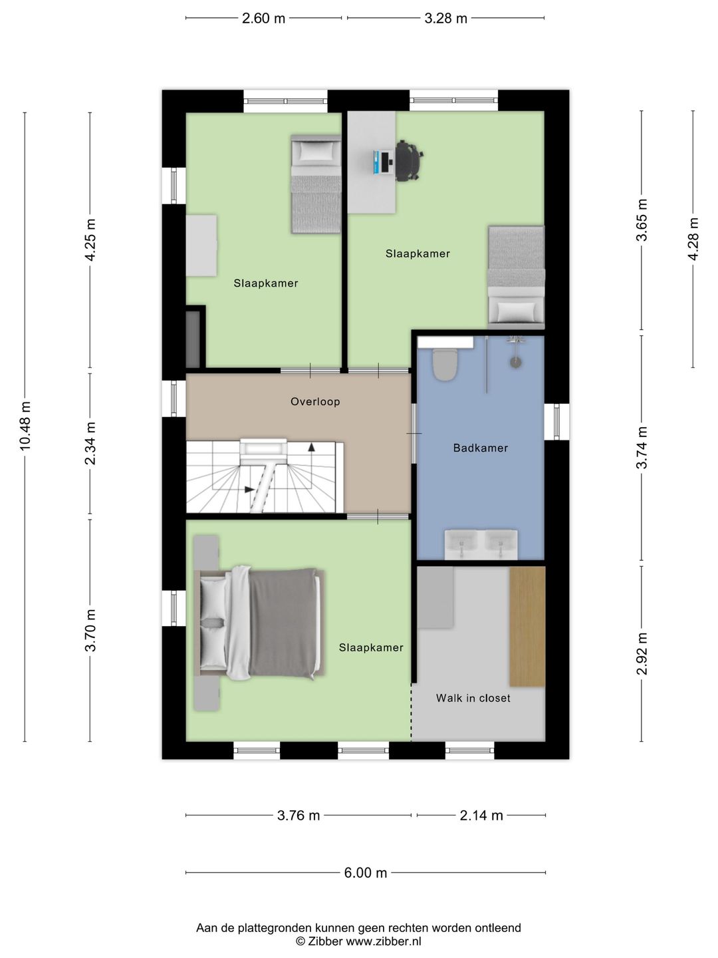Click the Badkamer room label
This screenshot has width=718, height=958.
(x=481, y=448)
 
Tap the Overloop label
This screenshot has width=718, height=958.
(x=315, y=402)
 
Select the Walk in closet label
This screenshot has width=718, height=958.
(x=473, y=699)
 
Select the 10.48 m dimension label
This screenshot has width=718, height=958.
(x=25, y=426)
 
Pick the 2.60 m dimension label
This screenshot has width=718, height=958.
(x=263, y=19)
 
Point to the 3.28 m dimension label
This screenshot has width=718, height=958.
(x=445, y=19)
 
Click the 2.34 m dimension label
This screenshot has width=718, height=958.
(x=90, y=442)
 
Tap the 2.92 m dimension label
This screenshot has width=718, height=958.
(x=642, y=653)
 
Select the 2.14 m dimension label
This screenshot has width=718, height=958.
(x=481, y=815)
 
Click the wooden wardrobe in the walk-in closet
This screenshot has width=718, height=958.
(x=527, y=626)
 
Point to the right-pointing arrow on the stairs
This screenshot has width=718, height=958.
(x=249, y=489)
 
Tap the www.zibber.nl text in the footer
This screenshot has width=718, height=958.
(x=383, y=939)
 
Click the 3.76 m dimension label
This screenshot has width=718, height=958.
(x=299, y=815)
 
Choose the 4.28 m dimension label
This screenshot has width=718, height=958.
(x=693, y=239)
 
